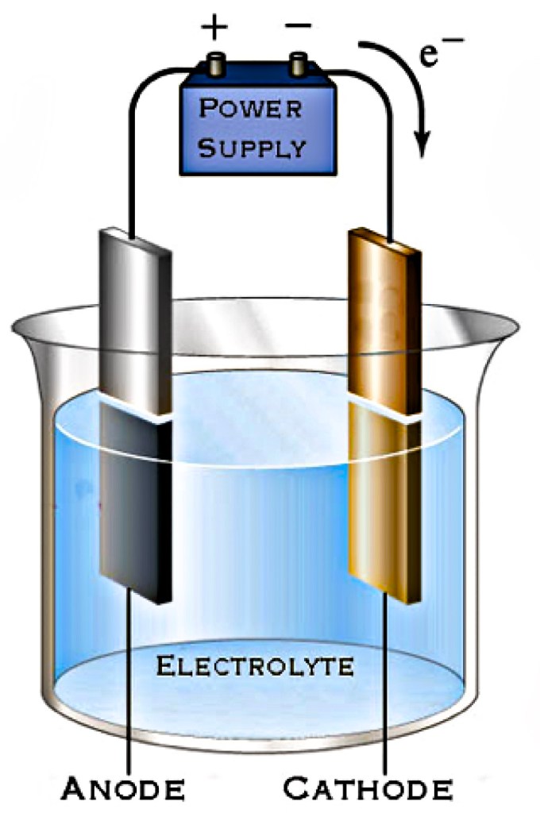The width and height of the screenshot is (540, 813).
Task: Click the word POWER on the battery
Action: (250, 108)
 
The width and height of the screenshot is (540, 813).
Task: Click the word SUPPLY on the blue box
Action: (251, 148)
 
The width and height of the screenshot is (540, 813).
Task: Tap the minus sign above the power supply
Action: (298, 26)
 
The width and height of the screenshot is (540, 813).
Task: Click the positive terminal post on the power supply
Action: (216, 63)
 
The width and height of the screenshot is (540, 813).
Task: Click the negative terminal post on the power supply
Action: (299, 63)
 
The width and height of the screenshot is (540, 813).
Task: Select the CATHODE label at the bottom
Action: (368, 789)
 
